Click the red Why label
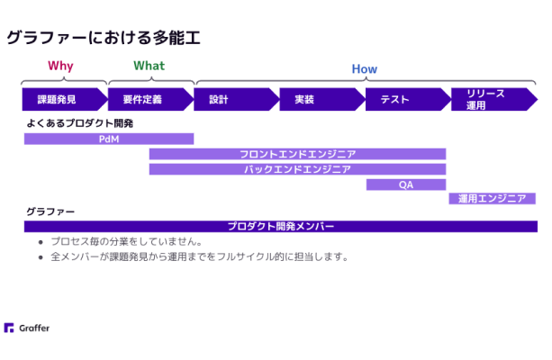[x=60, y=67]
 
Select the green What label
[x=149, y=66]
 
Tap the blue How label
[x=365, y=69]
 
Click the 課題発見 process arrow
[x=65, y=99]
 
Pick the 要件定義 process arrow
[x=150, y=99]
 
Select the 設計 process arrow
[x=237, y=99]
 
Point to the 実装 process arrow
[x=322, y=99]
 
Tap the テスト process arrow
[x=408, y=99]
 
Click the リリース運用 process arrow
[x=494, y=99]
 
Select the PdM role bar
[x=109, y=139]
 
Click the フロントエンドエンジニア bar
[x=297, y=154]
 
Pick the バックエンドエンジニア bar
[x=297, y=169]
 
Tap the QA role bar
[x=406, y=184]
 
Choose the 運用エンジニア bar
[x=493, y=199]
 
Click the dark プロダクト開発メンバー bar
[x=281, y=226]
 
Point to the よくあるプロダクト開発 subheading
[x=80, y=123]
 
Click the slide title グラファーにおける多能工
[x=104, y=38]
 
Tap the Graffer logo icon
[x=9, y=328]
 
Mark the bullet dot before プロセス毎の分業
[x=41, y=242]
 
